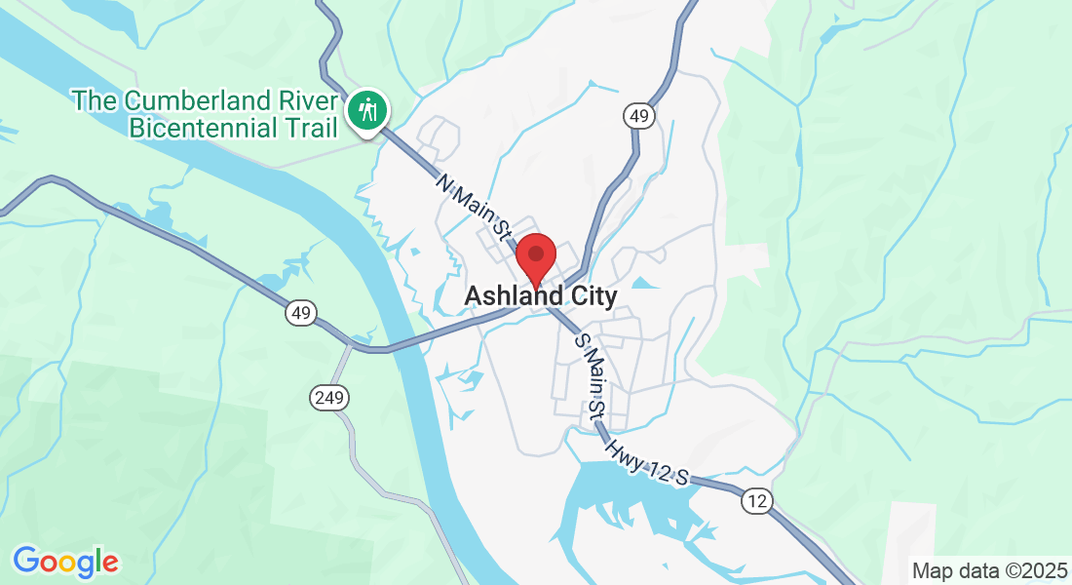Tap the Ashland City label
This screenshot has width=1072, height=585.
pos(540,295)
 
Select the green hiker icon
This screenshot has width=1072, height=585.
pos(367,109)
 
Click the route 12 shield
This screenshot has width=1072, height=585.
pos(757,501)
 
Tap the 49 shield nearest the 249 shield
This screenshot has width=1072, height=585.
pos(302,313)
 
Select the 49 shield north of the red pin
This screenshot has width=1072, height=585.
pos(639,116)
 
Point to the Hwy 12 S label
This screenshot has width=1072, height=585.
pos(646,462)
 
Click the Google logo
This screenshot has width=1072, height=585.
pos(65,562)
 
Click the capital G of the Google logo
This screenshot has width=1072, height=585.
pos(26,561)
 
